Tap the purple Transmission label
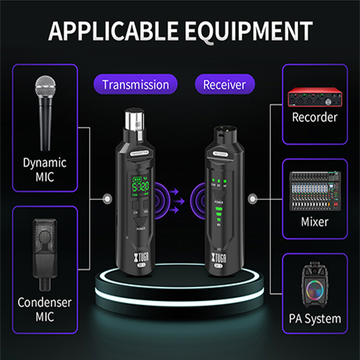point(135,85)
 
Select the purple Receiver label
point(225,85)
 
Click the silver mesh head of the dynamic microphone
point(45,88)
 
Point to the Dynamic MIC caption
point(45,169)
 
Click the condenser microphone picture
point(45,252)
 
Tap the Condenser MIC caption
point(45,309)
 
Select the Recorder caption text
point(315,118)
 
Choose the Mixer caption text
point(315,221)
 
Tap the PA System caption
point(315,319)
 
